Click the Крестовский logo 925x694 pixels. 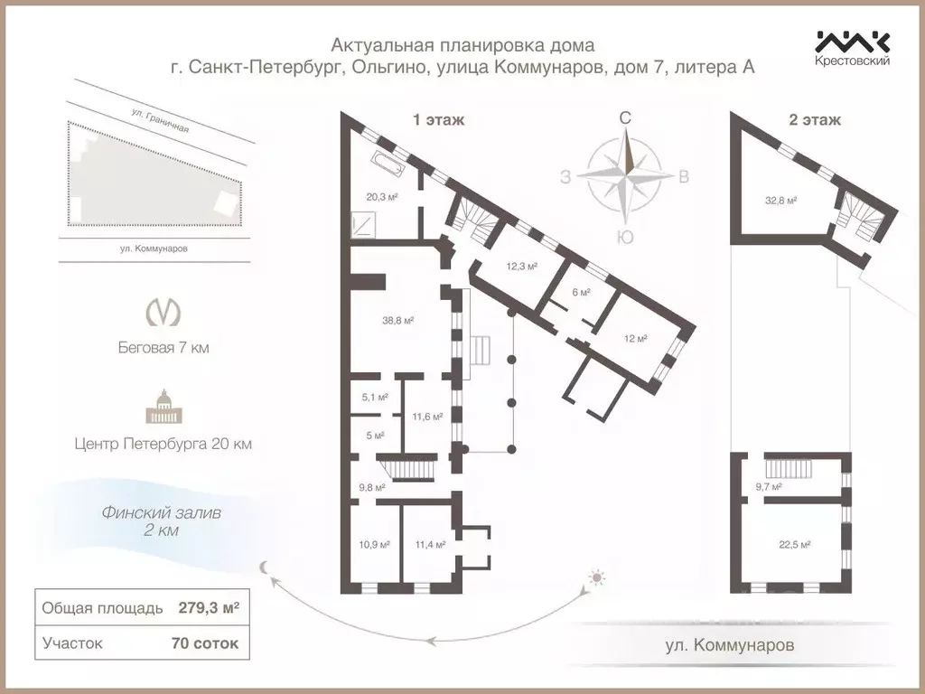coord(852,47)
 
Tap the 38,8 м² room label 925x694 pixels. coord(397,320)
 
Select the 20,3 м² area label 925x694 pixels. coord(382,195)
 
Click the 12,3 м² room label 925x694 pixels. coord(521,266)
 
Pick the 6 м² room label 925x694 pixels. coord(581,292)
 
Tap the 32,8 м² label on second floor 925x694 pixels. coord(780,201)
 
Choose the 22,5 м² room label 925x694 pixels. coord(794,544)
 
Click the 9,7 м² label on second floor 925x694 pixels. coord(767,486)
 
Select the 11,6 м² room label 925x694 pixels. coord(426,417)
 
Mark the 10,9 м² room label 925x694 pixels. coord(374,544)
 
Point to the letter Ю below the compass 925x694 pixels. coord(624,237)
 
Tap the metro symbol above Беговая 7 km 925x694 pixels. coord(163,311)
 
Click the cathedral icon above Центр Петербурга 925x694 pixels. coord(163,408)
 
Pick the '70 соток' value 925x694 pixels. coord(205,643)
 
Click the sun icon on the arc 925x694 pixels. coord(596,577)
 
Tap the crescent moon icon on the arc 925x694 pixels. coord(264,567)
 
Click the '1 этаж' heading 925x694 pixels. coord(438,119)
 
